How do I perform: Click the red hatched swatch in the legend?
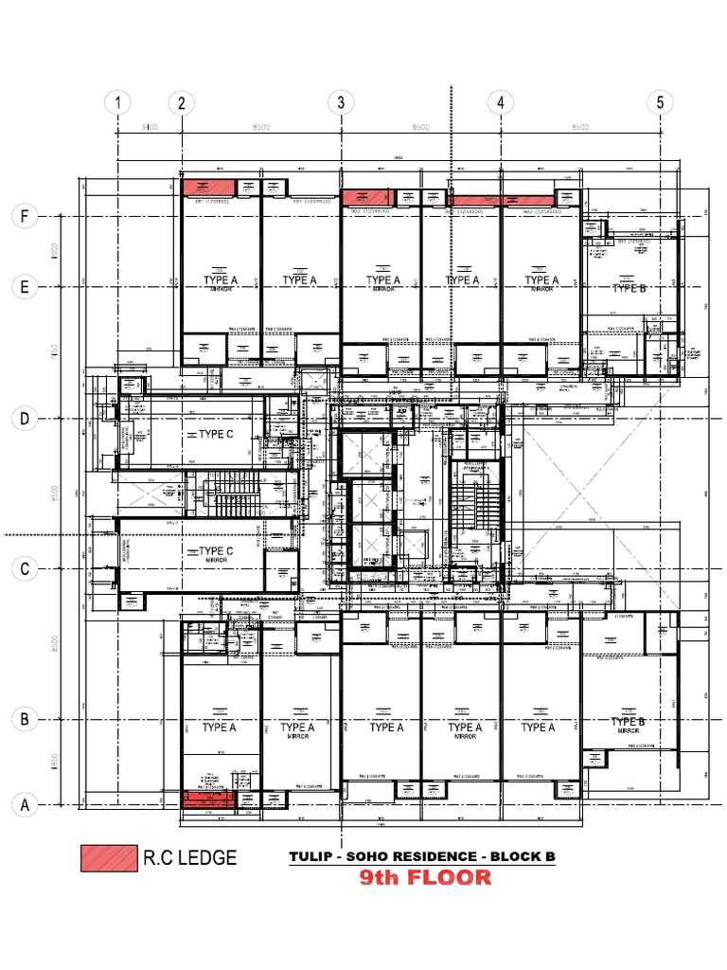click(x=107, y=858)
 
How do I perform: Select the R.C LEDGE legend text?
click(x=189, y=859)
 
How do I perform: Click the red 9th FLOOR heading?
click(x=425, y=878)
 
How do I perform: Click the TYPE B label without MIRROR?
click(x=629, y=288)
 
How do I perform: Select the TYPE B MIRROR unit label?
click(x=629, y=723)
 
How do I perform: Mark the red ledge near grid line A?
click(x=207, y=800)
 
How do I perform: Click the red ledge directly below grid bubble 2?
click(x=207, y=188)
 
